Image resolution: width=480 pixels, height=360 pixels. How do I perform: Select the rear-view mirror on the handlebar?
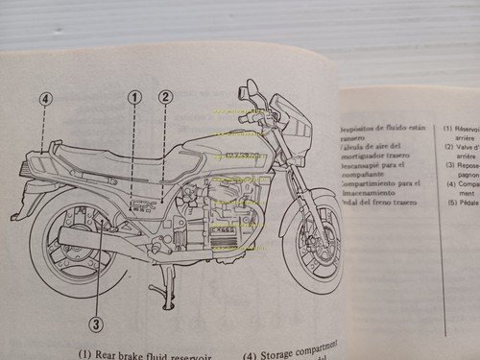pyautogui.click(x=252, y=94)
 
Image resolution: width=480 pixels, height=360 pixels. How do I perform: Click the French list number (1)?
pyautogui.click(x=449, y=128)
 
